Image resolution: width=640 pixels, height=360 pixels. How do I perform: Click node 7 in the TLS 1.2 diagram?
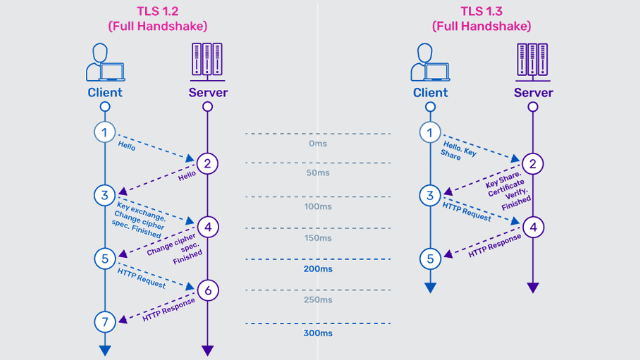click(105, 322)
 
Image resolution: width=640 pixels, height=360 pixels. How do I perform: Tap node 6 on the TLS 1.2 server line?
click(208, 290)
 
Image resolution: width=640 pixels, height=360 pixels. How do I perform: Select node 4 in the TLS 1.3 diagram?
click(533, 227)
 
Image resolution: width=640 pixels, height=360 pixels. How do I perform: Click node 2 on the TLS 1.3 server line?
click(533, 164)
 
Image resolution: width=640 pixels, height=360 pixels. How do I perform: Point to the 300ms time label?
click(318, 333)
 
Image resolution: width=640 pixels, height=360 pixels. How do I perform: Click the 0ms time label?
click(318, 144)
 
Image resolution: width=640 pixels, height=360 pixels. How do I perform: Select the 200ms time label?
click(318, 269)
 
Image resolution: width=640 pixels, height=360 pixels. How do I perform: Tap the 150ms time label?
click(318, 238)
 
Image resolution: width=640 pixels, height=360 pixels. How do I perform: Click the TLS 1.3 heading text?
click(481, 11)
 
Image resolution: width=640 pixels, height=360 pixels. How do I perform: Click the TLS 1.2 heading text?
click(158, 11)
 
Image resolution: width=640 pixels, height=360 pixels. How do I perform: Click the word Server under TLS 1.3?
click(533, 93)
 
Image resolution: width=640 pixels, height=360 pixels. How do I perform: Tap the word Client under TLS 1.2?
click(105, 93)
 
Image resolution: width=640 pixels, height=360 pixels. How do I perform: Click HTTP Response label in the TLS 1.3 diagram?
click(495, 246)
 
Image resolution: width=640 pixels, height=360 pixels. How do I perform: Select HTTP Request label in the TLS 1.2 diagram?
click(141, 278)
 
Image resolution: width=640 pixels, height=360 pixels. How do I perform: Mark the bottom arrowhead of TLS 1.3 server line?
click(533, 288)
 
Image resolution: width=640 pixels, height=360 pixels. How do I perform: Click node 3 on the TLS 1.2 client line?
click(105, 195)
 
